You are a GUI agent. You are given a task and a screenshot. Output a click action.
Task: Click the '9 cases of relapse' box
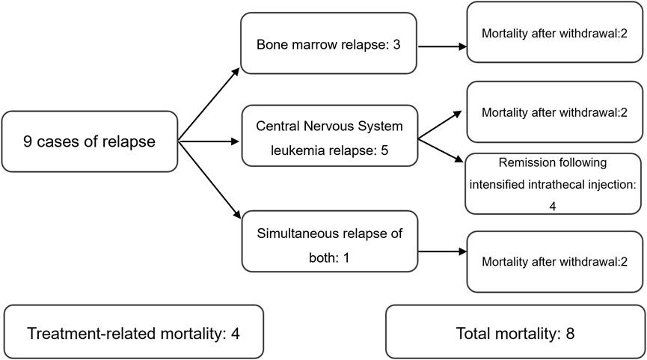click(89, 141)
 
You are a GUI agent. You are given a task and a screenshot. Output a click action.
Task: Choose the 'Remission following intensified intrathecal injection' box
click(554, 183)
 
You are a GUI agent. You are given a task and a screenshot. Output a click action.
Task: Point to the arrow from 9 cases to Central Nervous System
click(209, 140)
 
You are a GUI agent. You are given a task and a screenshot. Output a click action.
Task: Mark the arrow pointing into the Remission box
click(441, 150)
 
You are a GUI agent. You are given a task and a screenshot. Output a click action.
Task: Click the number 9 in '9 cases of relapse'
click(28, 141)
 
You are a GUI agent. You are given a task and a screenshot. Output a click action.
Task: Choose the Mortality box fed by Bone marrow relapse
click(554, 32)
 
